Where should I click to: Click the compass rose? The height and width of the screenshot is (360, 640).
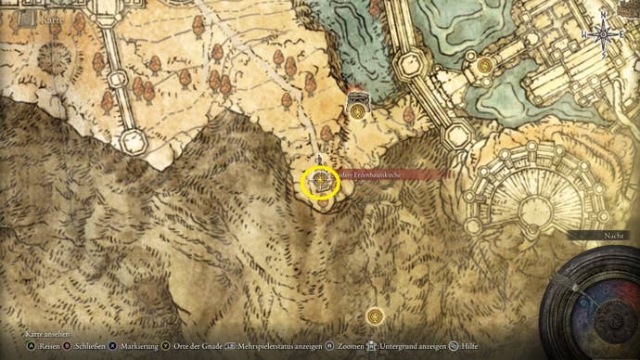point(602,35)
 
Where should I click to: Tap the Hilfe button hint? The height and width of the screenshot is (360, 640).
point(468,345)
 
